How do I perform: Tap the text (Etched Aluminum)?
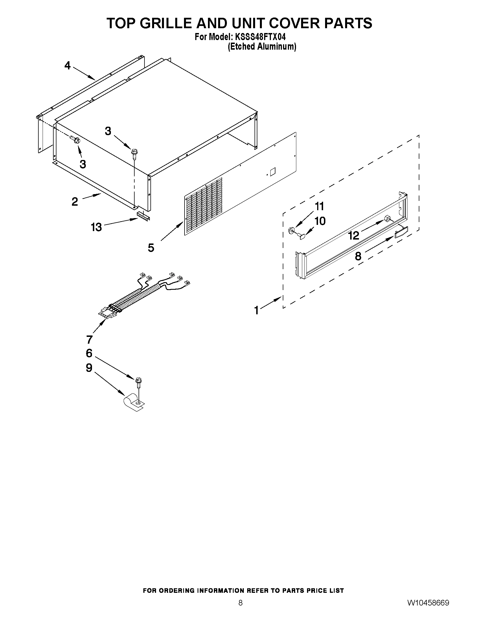[262, 47]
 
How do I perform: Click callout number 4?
[67, 66]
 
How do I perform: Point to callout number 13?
[97, 227]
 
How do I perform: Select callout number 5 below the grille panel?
[151, 248]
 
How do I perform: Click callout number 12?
[354, 235]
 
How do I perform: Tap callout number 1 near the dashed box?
[257, 310]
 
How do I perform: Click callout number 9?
[89, 368]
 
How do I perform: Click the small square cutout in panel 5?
[272, 171]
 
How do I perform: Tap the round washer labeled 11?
[291, 230]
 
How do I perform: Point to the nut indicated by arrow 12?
[387, 219]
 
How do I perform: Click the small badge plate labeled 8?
[401, 231]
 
